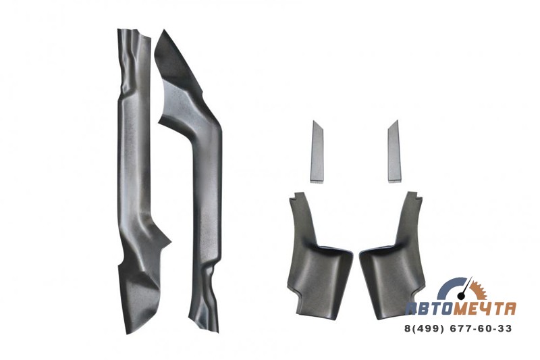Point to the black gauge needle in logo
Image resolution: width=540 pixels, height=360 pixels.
(x=464, y=288)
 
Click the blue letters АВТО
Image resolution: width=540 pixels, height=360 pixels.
(x=429, y=308)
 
